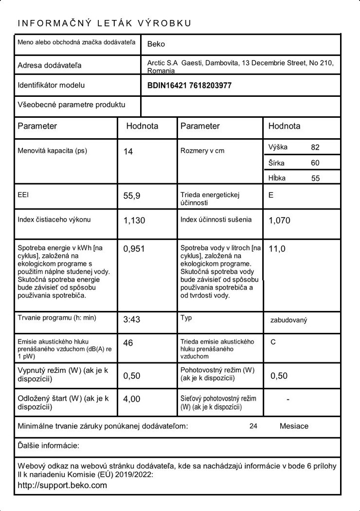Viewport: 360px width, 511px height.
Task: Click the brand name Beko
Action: pos(156,44)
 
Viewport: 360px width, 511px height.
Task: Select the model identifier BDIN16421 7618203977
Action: pos(189,85)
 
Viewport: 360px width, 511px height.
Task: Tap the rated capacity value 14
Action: pos(128,152)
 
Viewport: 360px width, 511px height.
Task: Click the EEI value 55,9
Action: pos(132,196)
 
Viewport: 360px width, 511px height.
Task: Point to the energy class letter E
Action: pos(271,195)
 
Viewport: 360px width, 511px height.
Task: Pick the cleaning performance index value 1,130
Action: pos(134,221)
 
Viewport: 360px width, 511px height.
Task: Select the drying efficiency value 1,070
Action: pos(279,221)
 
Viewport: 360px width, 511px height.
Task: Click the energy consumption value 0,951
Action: pos(134,249)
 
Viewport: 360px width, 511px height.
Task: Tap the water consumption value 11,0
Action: pos(277,249)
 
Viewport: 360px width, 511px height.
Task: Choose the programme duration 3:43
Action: pos(132,319)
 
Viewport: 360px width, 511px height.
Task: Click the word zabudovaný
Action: pos(289,319)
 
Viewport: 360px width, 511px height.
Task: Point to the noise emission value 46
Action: pos(128,343)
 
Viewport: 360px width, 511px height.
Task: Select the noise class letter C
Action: pos(273,342)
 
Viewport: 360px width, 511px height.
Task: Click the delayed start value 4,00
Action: pos(132,399)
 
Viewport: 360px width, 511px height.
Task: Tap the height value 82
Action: pos(315,147)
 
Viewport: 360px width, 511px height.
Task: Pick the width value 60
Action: pos(315,163)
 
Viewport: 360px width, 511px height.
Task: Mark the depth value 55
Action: pos(315,178)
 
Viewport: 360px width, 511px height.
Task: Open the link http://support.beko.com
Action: pos(62,485)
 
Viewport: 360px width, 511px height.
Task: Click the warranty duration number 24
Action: pos(253,426)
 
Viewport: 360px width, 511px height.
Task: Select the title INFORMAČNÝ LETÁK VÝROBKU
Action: pos(104,23)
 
